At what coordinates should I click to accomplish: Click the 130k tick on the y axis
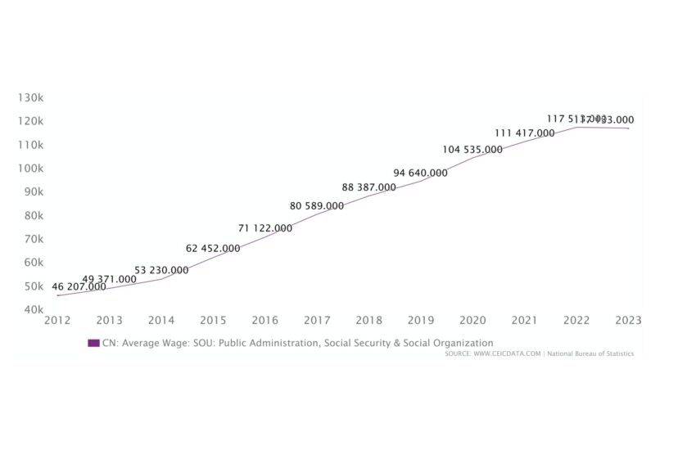coord(30,97)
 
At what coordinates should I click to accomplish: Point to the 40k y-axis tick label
coord(33,309)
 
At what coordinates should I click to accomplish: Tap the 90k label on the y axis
coord(33,191)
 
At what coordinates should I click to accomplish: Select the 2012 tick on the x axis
coord(57,320)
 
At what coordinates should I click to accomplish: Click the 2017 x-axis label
coord(317,320)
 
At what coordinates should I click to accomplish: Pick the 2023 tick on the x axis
coord(629,320)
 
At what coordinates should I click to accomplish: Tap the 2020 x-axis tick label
coord(472,320)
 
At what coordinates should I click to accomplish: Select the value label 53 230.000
coord(161,270)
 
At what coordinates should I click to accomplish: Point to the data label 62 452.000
coord(213,248)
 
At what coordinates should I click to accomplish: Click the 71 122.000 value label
coord(265,228)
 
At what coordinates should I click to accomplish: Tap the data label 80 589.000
coord(317,206)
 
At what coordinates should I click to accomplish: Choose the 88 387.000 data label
coord(369,187)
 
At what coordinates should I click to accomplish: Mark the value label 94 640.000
coord(421,173)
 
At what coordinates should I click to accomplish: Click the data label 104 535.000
coord(472,150)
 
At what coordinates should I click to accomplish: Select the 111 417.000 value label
coord(525,133)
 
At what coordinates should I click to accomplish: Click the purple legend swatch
coord(93,343)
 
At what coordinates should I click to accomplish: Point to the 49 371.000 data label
coord(110,279)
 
